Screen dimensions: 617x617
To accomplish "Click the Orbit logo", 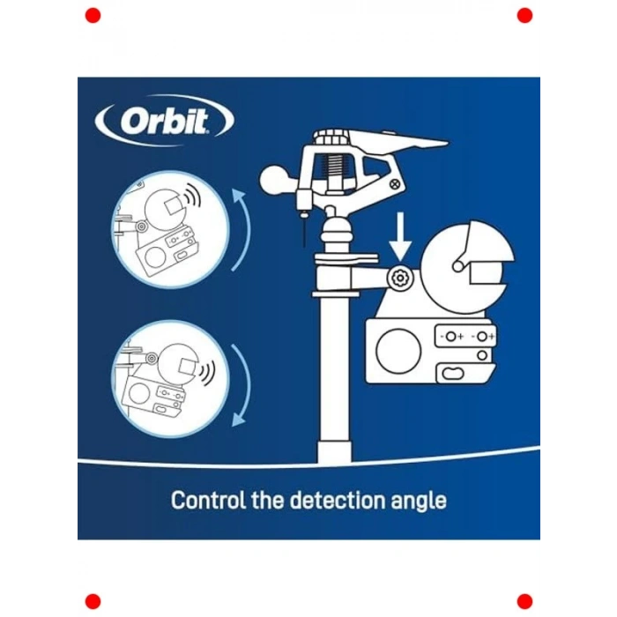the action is [x=165, y=120].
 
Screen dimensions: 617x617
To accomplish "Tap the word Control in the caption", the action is [x=209, y=500].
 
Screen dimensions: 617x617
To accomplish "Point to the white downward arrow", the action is [x=400, y=236].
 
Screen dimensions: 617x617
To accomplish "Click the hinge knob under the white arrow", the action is [x=400, y=279].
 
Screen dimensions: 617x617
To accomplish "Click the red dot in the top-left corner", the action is [x=93, y=16].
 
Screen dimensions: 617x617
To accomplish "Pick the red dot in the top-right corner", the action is [x=524, y=16].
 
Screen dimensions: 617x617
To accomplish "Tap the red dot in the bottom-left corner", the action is [x=93, y=602].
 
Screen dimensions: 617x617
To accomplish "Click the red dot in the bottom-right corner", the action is [x=524, y=602].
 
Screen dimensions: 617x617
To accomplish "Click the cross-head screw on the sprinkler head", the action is [x=395, y=183].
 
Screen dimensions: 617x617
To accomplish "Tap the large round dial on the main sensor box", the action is [x=398, y=351].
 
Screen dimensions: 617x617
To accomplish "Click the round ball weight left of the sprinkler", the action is [x=275, y=180].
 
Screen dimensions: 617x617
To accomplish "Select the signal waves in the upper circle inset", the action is [x=192, y=195].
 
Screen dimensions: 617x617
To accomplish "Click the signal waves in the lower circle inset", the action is [x=206, y=371].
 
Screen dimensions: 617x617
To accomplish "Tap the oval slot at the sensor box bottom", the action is [x=452, y=373].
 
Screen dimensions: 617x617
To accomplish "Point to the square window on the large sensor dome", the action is [x=486, y=272].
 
